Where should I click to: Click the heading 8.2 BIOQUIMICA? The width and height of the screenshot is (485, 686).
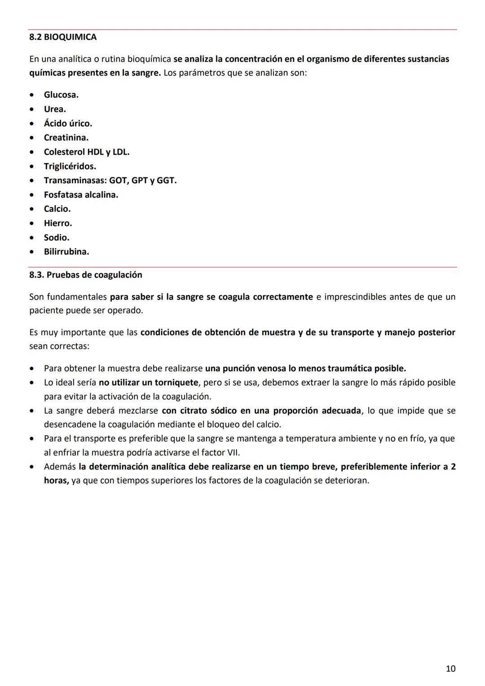pos(63,37)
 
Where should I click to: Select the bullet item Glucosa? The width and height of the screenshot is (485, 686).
pos(61,95)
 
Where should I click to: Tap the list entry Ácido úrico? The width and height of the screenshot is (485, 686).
pos(68,124)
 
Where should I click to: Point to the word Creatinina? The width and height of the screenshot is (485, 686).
pos(66,137)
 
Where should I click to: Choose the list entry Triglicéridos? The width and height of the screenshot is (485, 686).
pos(70,166)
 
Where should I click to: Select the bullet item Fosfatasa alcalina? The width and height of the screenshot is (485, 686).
pos(81,195)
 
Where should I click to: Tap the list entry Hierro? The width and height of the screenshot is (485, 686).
pos(57,223)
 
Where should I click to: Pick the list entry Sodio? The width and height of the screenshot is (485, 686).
pos(57,238)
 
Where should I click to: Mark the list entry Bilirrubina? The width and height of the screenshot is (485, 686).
pos(66,252)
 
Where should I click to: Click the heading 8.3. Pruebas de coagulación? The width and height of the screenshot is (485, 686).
pos(86,275)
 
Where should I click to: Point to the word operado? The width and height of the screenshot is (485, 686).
pos(126,310)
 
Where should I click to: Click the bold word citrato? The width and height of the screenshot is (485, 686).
pos(194,411)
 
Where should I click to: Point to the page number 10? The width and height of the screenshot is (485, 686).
pos(450,668)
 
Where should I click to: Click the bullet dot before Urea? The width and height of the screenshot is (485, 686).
pos(31,109)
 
